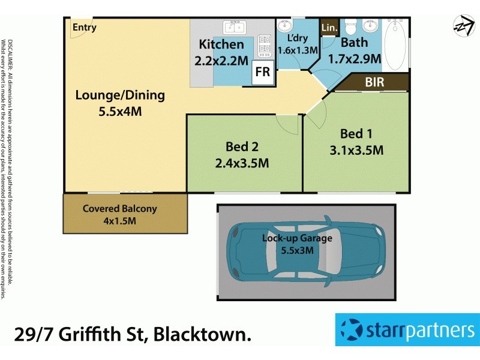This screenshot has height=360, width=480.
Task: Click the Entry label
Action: click(85, 28)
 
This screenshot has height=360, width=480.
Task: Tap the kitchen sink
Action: click(235, 28)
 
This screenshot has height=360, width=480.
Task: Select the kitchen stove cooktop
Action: click(264, 44)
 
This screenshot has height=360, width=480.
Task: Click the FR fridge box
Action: click(263, 72)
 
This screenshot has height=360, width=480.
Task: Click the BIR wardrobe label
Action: click(374, 82)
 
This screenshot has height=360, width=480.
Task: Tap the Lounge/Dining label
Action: click(120, 95)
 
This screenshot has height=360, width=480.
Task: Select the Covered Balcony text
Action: click(120, 209)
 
